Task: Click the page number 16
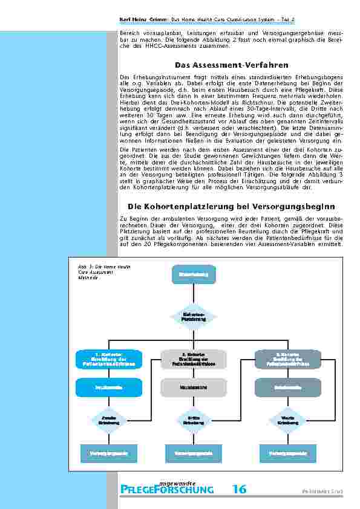[239, 489]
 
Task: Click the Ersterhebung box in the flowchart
[194, 276]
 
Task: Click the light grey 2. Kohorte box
[194, 360]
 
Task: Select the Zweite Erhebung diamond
[108, 419]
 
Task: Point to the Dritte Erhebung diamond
[194, 419]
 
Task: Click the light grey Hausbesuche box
[194, 387]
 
